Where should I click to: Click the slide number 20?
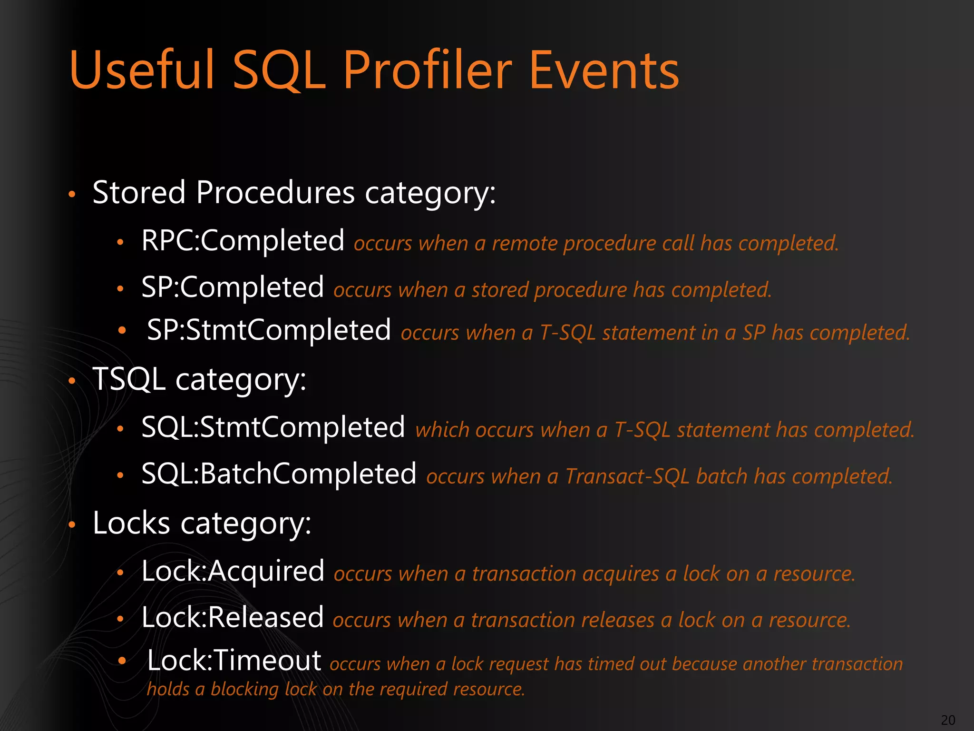(948, 720)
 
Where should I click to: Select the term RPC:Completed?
(243, 241)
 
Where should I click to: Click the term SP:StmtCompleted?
(269, 330)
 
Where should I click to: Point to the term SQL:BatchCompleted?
(279, 474)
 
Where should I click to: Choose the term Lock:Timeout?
(234, 661)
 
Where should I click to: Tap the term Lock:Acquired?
(233, 571)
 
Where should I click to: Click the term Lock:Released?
(232, 618)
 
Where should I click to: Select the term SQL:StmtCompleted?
(273, 427)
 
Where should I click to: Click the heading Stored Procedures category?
(293, 193)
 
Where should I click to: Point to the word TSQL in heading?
(129, 379)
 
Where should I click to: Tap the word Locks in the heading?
(131, 524)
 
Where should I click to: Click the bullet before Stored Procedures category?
(72, 194)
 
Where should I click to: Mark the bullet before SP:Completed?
(121, 289)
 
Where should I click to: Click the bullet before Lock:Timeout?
(122, 661)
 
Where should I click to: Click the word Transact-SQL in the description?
(627, 477)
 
